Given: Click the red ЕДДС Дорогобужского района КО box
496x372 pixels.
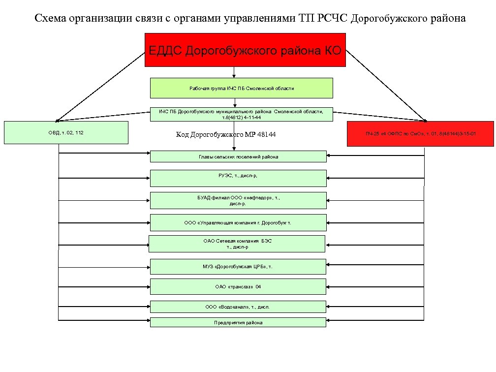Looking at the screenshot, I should point(245,50).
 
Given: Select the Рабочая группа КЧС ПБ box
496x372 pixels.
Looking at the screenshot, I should point(241,88).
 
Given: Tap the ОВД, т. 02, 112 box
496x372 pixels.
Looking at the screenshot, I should point(66,132).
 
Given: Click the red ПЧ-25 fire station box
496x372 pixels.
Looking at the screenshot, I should point(420,133).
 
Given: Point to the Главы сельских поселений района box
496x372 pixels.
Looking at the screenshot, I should point(238,156).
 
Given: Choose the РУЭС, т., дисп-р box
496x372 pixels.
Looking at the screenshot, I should point(238,178).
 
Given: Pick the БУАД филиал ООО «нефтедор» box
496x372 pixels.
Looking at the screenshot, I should point(238,200).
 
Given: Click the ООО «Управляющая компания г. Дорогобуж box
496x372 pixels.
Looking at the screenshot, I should point(238,222).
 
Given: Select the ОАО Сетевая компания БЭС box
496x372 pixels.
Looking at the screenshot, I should point(237,244).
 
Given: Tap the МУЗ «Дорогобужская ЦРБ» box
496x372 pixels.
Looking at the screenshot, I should point(238,266).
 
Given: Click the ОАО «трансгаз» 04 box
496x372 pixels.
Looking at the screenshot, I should point(238,286).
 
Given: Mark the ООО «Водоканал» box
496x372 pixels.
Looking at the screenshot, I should point(238,307).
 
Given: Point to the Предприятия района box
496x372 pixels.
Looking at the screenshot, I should point(238,322).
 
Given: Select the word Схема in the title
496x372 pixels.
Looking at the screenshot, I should point(49,19).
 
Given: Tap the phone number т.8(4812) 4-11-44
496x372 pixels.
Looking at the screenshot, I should point(241,118).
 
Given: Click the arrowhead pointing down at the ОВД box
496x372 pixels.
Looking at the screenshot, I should point(58,120).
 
